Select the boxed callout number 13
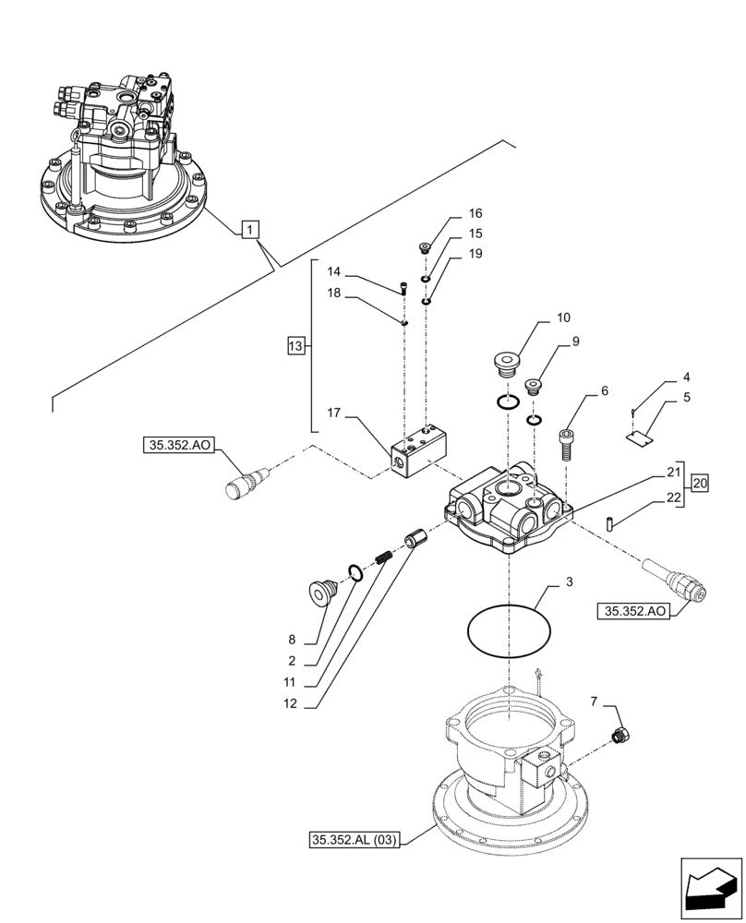295,346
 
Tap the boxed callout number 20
700,483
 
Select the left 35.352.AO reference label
178,446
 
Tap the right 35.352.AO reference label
636,611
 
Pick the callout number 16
475,212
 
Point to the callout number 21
673,473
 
